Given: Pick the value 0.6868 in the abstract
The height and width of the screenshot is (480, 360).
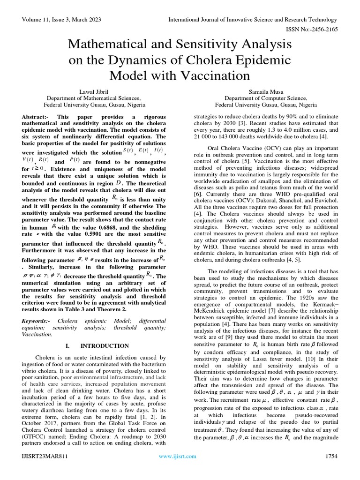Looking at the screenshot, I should click(x=112, y=226).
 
